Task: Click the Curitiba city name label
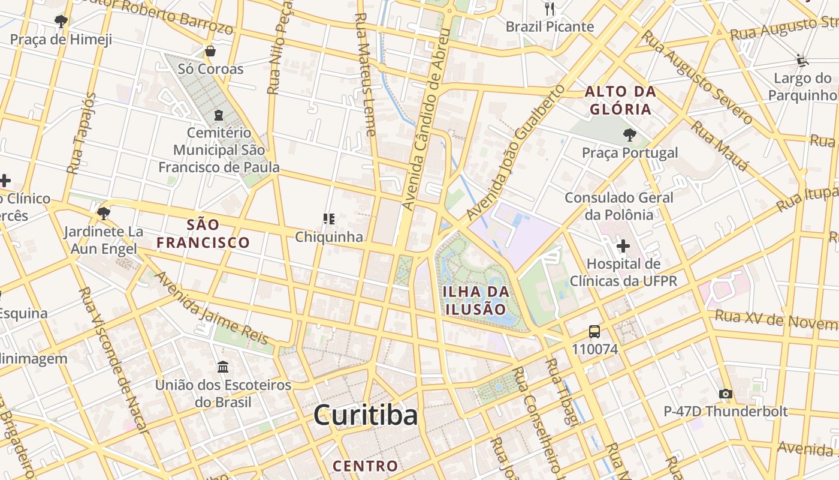365,415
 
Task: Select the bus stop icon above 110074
594,332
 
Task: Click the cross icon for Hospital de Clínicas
623,245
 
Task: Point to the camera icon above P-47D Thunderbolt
725,394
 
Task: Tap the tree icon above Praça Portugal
629,135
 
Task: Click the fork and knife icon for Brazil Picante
550,8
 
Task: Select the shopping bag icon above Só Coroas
210,51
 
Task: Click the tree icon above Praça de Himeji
61,22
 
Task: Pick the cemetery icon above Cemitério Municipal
219,115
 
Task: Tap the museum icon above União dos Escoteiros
223,367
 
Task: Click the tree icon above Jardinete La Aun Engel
103,213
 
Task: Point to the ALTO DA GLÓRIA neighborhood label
620,101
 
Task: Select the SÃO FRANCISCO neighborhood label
203,234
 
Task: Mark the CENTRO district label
365,466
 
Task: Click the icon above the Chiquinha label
328,219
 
